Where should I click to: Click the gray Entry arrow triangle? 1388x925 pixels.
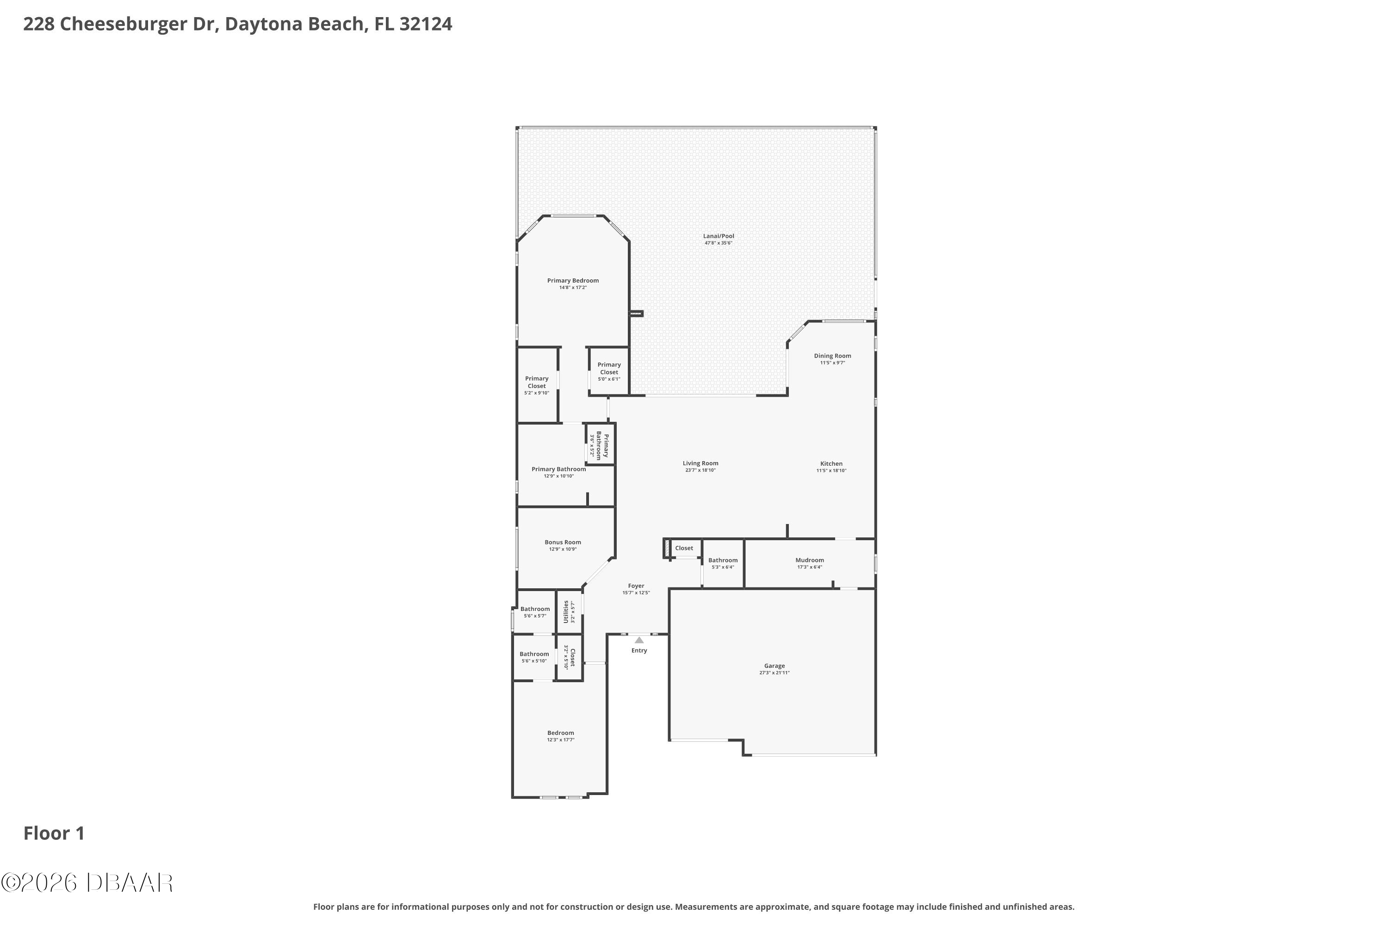tap(639, 640)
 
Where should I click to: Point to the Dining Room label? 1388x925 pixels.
tap(833, 356)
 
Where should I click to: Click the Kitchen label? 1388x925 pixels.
tap(831, 464)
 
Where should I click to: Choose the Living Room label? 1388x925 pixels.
tap(700, 463)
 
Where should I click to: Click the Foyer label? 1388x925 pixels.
tap(636, 586)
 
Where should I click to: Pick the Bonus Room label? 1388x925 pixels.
tap(563, 542)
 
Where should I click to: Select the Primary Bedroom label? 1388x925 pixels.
tap(573, 280)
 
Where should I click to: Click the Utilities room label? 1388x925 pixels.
tap(566, 612)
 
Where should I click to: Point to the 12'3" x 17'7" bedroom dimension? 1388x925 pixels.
tap(561, 740)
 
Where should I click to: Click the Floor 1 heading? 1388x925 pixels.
tap(54, 833)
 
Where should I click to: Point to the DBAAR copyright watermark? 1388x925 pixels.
tap(87, 882)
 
